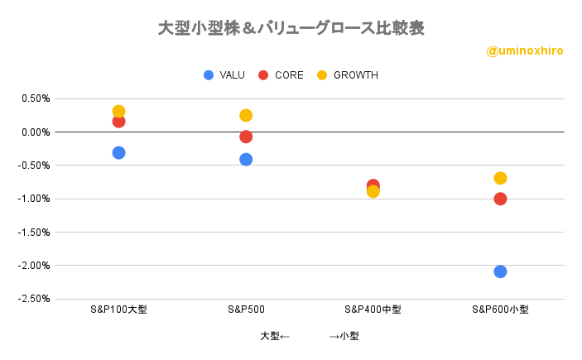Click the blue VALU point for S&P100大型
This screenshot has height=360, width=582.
[118, 152]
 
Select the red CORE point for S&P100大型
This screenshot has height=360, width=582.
[118, 122]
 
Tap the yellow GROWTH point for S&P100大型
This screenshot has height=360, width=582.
[118, 112]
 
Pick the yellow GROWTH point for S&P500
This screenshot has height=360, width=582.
[246, 115]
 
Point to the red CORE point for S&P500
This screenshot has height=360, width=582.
[246, 137]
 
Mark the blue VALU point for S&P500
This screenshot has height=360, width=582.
[246, 160]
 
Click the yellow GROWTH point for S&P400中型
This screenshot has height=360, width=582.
[373, 191]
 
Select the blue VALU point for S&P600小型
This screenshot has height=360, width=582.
[500, 271]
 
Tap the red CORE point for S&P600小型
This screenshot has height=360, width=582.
[500, 199]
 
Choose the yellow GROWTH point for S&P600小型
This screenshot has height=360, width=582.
[500, 178]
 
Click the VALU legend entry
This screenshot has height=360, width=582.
[224, 75]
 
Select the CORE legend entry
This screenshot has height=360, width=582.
[281, 75]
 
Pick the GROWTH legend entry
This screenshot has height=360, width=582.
[348, 75]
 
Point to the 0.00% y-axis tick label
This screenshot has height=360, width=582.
[36, 132]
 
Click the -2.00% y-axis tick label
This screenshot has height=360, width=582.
[34, 266]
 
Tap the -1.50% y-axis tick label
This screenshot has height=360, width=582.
[34, 233]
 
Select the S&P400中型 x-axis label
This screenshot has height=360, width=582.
[373, 310]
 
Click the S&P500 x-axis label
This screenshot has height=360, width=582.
[246, 310]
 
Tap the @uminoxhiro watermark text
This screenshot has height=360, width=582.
[525, 50]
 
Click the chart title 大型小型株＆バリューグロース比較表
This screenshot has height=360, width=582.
[291, 28]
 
